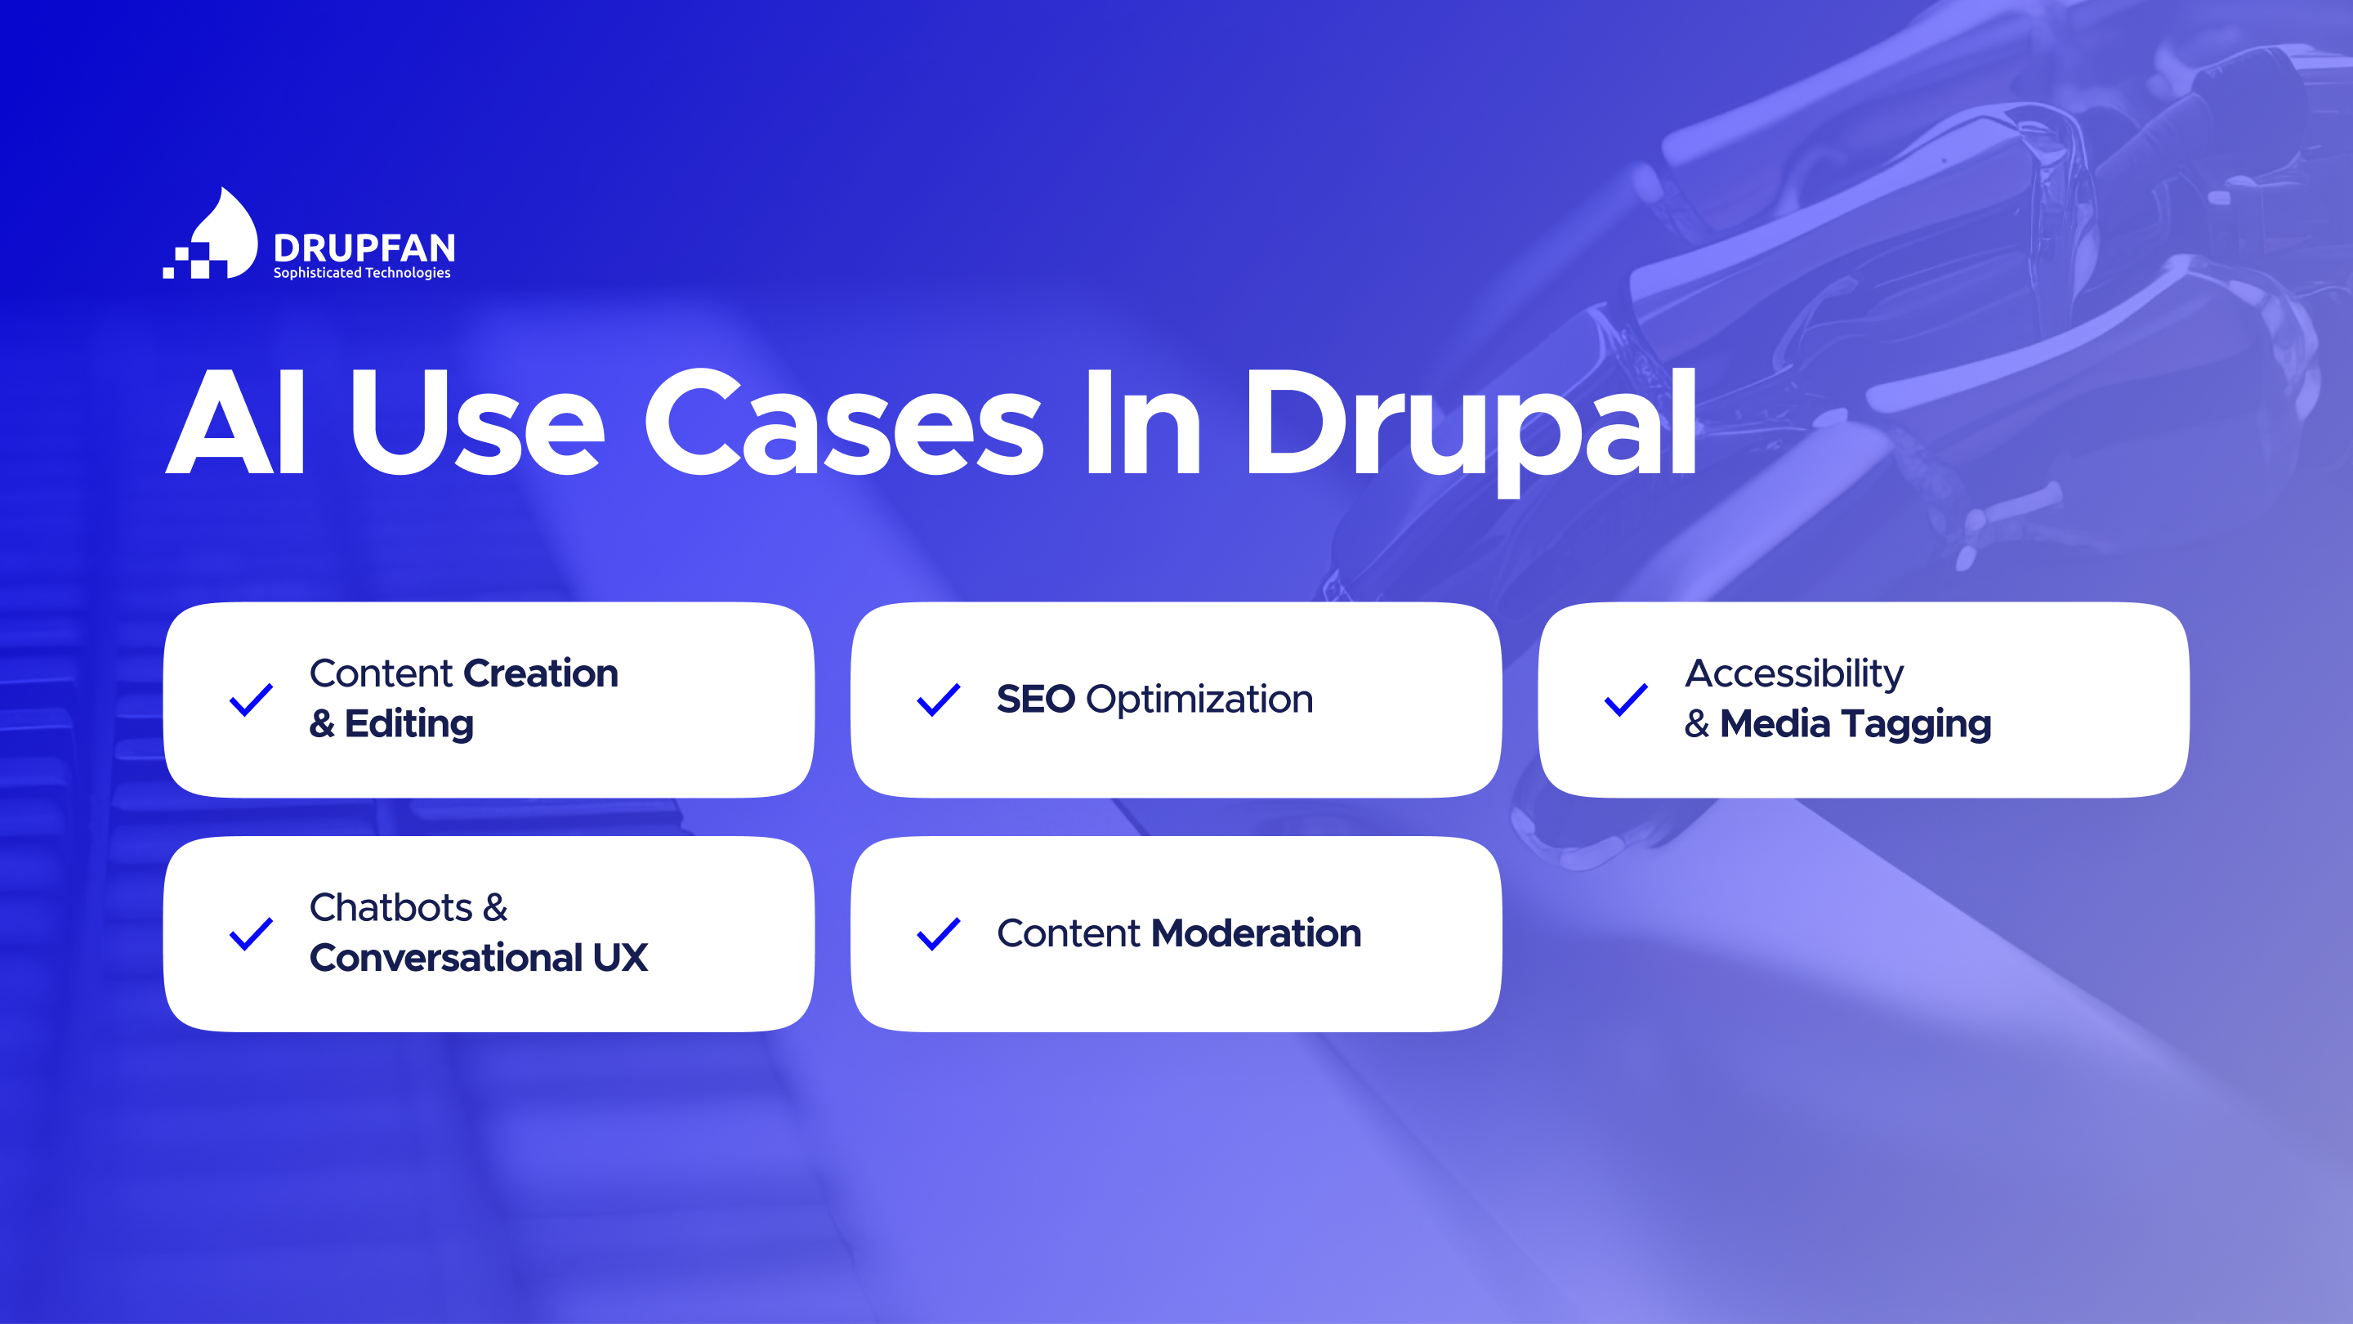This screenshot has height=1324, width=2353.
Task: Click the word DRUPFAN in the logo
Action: pyautogui.click(x=364, y=248)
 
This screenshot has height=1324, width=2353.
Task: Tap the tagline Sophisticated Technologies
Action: pyautogui.click(x=362, y=273)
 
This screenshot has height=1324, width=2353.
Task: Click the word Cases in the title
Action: pyautogui.click(x=843, y=423)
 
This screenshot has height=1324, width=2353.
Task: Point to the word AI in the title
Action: pyautogui.click(x=235, y=423)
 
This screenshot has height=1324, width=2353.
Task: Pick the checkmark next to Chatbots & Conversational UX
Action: pyautogui.click(x=251, y=934)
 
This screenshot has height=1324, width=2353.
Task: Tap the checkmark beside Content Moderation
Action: pyautogui.click(x=938, y=934)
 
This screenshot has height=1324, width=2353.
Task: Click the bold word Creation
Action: pyautogui.click(x=541, y=673)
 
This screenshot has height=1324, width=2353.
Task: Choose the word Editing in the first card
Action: pyautogui.click(x=409, y=726)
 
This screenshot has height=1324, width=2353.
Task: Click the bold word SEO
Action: pyautogui.click(x=1036, y=699)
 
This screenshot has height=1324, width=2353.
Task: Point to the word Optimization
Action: pyautogui.click(x=1199, y=701)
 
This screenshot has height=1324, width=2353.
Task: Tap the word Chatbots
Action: pyautogui.click(x=391, y=907)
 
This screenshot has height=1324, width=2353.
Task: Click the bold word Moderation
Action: pyautogui.click(x=1256, y=933)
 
